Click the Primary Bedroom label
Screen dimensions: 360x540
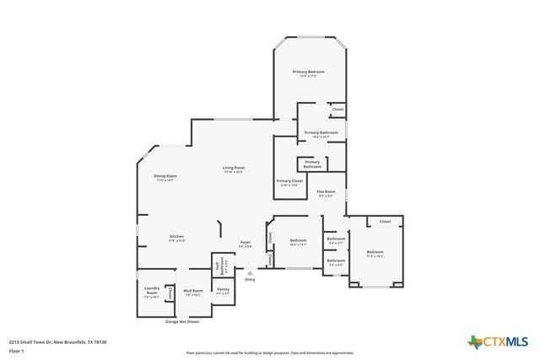(308, 73)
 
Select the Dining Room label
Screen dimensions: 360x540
(165, 177)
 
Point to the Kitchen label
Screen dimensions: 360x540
(176, 238)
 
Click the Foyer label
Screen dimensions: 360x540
(245, 244)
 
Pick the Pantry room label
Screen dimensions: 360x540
(223, 291)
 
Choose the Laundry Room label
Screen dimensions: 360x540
(152, 292)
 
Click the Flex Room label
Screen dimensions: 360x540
(326, 193)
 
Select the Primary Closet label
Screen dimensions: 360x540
(289, 182)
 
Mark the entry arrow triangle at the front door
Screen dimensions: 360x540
(250, 272)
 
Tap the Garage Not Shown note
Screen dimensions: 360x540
(181, 321)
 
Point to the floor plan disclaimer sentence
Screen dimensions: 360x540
(270, 352)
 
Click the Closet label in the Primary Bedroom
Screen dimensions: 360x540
(337, 110)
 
